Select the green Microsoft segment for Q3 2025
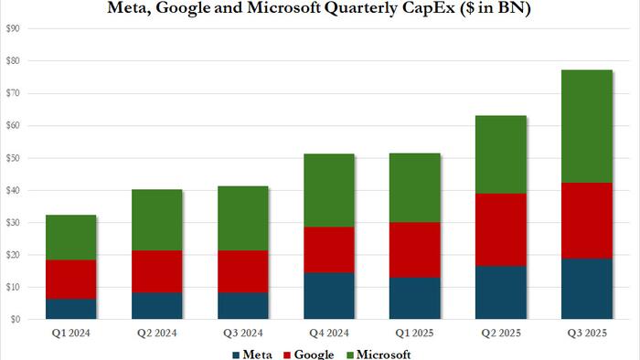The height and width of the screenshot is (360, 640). [x=586, y=126]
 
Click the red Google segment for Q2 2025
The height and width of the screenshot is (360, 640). [x=500, y=229]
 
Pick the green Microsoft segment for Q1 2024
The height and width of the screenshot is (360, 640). [x=71, y=238]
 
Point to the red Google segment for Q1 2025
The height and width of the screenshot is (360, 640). [x=414, y=249]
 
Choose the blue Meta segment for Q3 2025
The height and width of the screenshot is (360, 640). [x=586, y=289]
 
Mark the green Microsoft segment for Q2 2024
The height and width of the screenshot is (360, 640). [x=157, y=220]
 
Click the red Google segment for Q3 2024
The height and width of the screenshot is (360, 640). [x=243, y=271]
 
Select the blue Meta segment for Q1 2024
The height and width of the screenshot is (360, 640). [x=71, y=309]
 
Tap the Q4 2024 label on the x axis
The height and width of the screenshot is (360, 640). [x=328, y=334]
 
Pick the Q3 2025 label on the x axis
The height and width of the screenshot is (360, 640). [x=586, y=334]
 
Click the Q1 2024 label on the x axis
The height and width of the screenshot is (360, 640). [x=71, y=334]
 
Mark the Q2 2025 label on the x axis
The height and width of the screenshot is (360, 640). [x=500, y=334]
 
